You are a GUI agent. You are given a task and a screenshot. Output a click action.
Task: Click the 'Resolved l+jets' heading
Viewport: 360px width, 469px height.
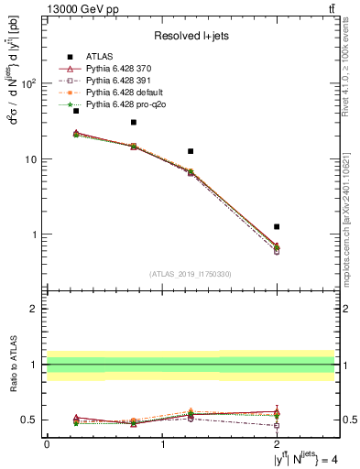click(190, 36)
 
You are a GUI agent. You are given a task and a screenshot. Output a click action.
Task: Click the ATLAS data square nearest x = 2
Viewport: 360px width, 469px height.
click(277, 226)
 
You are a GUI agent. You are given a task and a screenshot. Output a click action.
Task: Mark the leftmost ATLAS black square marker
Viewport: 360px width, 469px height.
click(76, 111)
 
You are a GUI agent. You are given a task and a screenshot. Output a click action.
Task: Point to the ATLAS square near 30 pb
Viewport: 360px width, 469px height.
click(134, 122)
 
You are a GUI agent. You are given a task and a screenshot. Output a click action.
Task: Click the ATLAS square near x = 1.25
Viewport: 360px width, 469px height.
click(191, 151)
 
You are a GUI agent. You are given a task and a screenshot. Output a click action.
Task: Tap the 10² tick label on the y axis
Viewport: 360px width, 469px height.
click(30, 83)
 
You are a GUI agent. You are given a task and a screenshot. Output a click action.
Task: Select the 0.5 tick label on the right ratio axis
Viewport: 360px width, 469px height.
click(347, 420)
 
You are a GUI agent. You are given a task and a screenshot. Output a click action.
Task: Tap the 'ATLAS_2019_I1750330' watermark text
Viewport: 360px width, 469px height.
click(190, 274)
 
